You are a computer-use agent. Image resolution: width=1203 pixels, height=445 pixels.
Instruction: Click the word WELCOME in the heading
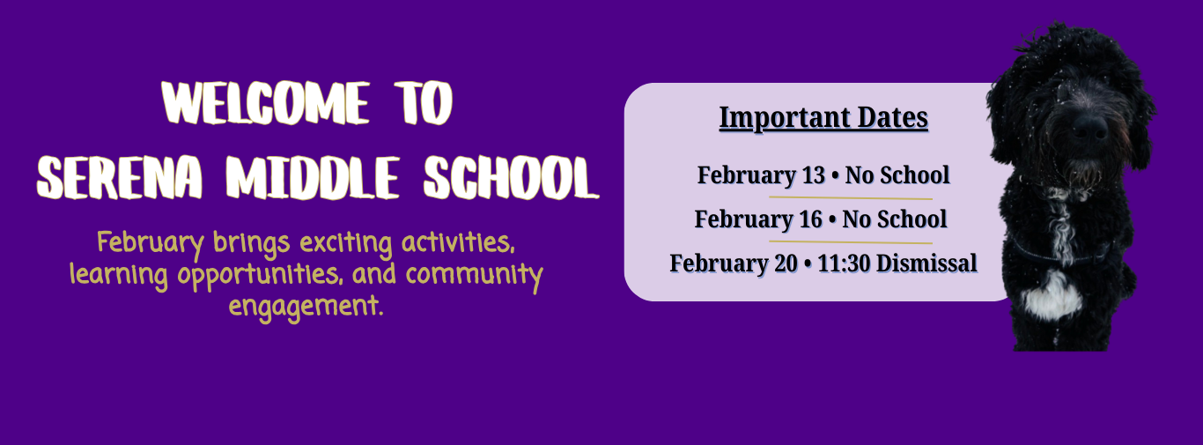(265, 102)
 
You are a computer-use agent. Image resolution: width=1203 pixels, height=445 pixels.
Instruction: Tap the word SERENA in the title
(119, 178)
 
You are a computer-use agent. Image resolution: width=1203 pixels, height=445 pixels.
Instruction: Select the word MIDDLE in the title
(313, 178)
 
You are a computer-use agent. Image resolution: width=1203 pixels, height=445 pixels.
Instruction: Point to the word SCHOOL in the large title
(511, 178)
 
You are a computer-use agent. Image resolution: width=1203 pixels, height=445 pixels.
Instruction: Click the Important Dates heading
(823, 118)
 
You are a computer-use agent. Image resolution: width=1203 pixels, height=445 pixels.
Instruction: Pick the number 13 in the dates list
(813, 175)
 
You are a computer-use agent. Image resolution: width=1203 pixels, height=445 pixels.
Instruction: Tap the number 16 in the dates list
(810, 219)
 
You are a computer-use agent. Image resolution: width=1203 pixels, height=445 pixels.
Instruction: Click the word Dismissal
(926, 263)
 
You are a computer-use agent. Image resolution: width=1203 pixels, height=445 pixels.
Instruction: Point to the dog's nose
(1089, 127)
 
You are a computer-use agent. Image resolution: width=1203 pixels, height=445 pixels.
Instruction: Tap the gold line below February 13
(850, 198)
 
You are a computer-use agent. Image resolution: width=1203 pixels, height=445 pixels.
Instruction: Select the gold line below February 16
(850, 242)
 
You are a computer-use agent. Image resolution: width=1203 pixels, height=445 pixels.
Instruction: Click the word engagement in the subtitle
(306, 307)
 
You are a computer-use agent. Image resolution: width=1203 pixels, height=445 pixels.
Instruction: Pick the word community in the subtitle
(474, 275)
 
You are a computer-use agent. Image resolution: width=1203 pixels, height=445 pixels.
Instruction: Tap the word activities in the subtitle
(458, 242)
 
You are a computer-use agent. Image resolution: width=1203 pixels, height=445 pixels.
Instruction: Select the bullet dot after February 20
(808, 263)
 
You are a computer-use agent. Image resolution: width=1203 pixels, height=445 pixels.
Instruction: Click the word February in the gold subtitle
(151, 243)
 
